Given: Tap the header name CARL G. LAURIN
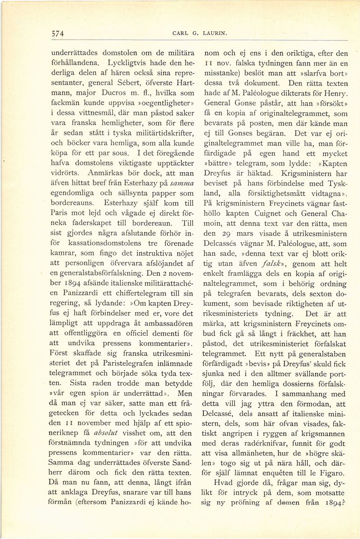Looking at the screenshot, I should [193, 33].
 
